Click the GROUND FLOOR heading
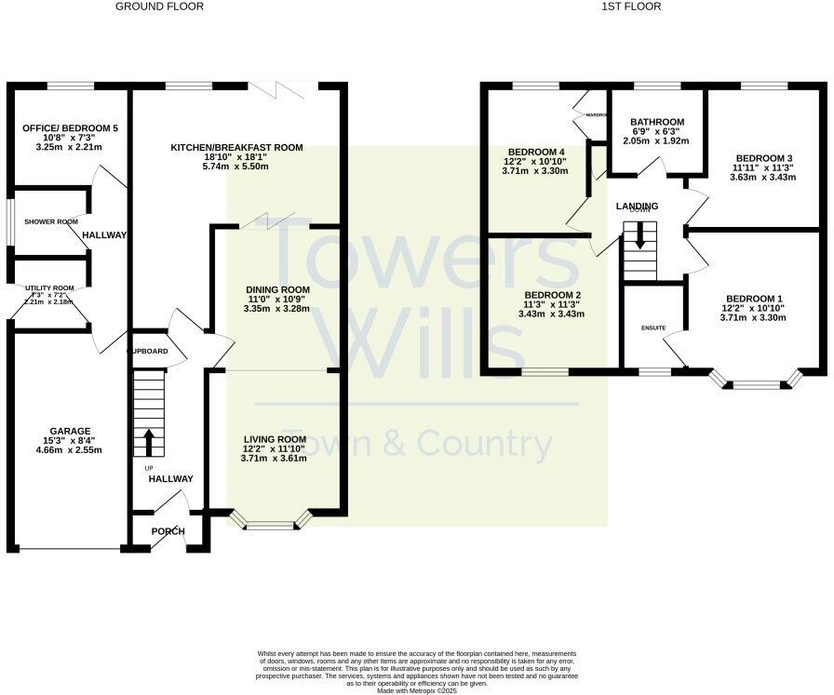(159, 7)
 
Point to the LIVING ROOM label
(275, 439)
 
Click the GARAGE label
(70, 431)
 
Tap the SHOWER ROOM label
(51, 221)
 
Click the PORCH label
(168, 531)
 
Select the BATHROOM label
(657, 122)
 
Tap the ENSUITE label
(652, 327)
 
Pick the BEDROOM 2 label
(552, 295)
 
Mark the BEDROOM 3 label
(763, 158)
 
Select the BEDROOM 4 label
(536, 152)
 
